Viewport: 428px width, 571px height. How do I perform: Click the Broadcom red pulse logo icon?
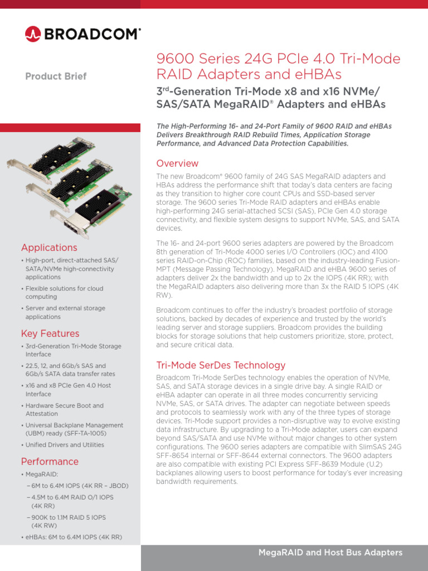(x=33, y=34)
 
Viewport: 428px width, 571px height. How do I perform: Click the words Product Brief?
(x=56, y=76)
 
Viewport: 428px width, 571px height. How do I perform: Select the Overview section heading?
(x=177, y=163)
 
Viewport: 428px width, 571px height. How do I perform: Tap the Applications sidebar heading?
(x=49, y=248)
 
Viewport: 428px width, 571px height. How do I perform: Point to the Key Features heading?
(x=50, y=333)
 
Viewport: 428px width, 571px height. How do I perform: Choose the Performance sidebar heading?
(x=50, y=462)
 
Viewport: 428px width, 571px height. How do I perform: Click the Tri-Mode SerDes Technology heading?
(x=221, y=365)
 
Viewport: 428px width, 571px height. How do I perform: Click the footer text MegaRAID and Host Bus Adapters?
(x=330, y=553)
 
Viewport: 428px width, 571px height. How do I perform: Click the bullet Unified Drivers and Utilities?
(x=65, y=445)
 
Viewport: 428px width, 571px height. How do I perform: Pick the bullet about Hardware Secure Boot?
(x=64, y=410)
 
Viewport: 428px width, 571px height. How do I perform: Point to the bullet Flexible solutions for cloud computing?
(x=64, y=293)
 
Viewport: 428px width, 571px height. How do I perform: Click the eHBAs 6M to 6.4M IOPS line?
(x=73, y=538)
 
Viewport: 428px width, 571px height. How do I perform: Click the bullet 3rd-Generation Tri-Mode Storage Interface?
(x=73, y=350)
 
